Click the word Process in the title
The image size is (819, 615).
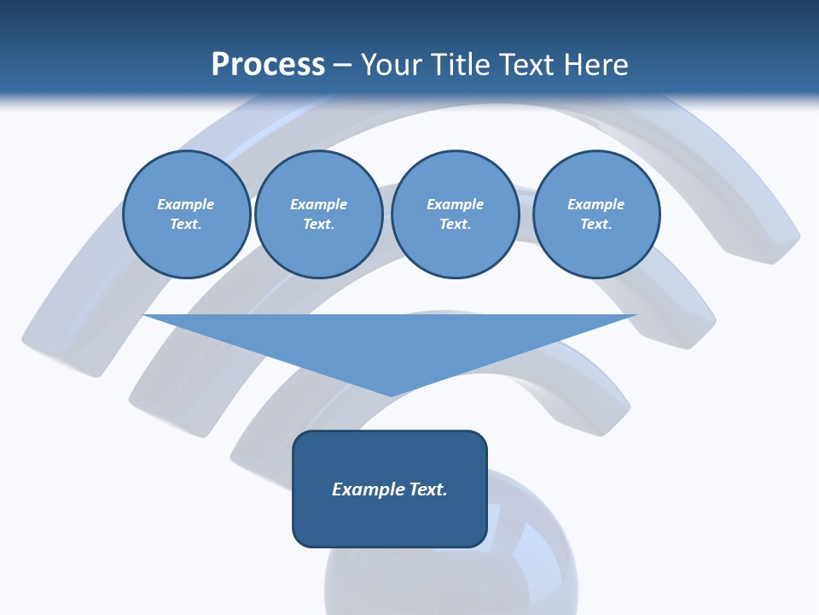[x=268, y=65]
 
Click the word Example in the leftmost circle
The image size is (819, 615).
[x=186, y=204]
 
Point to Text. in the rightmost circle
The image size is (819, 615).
[x=595, y=224]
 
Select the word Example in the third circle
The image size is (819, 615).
[x=455, y=204]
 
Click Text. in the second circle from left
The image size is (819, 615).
[x=318, y=224]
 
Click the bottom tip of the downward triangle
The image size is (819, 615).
[x=391, y=394]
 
